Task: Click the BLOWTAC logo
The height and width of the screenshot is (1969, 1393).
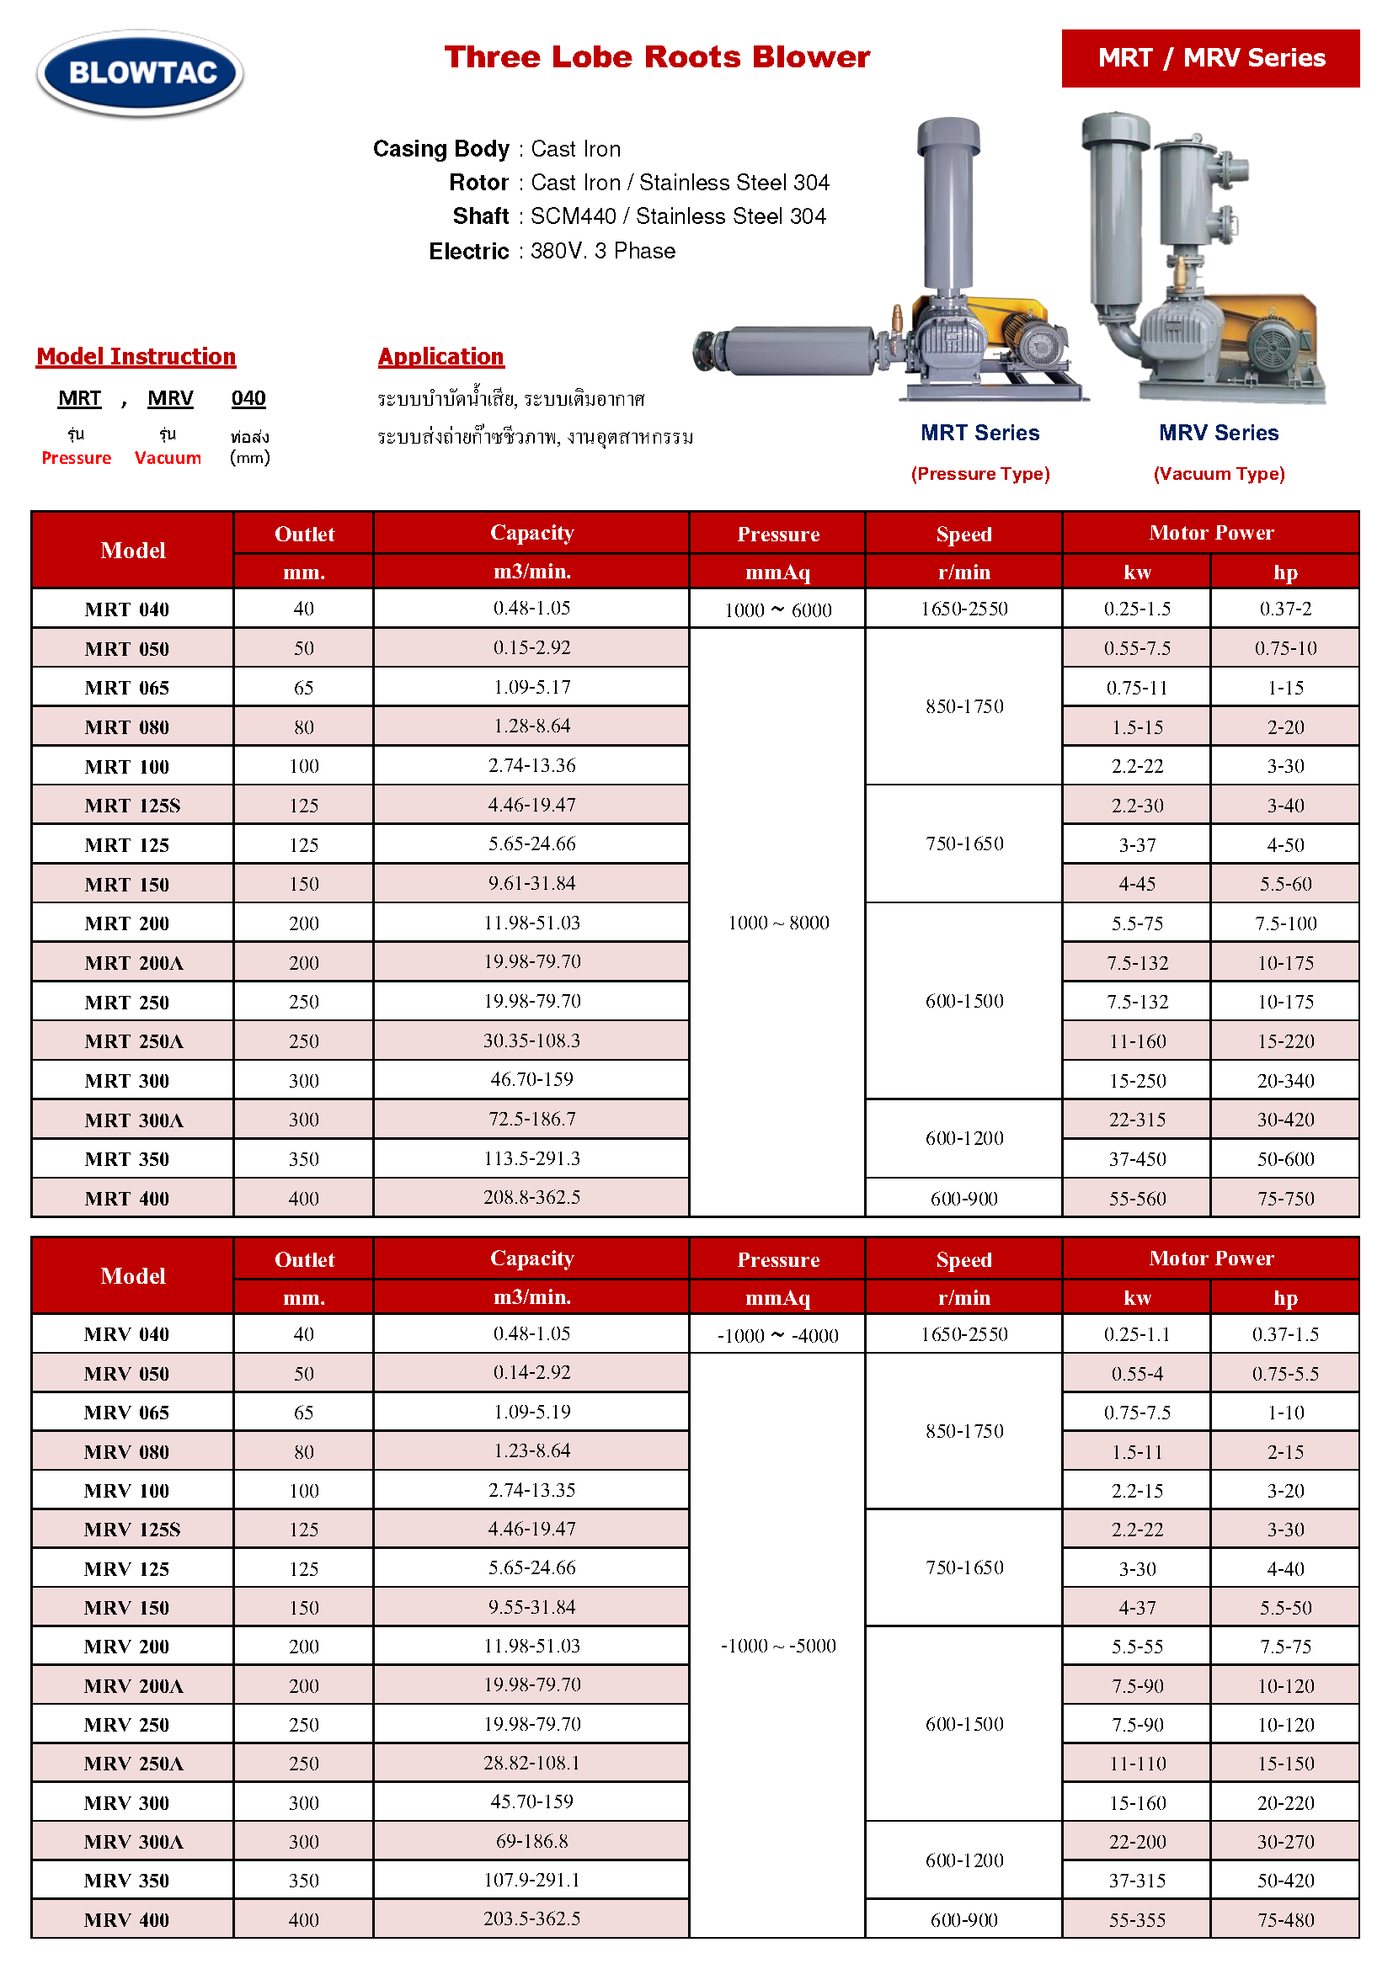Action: click(x=140, y=73)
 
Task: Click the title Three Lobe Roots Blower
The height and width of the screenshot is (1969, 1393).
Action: click(x=656, y=57)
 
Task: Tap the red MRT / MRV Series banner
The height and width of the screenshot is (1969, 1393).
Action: click(x=1209, y=58)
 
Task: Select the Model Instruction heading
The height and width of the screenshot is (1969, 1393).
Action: click(x=136, y=357)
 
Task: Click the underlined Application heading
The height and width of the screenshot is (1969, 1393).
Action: click(x=440, y=357)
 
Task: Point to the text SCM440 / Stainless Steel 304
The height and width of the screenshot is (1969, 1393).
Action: click(x=678, y=216)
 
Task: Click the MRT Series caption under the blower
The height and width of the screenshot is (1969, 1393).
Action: click(x=979, y=433)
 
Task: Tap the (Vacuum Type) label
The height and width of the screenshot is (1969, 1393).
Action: click(x=1218, y=474)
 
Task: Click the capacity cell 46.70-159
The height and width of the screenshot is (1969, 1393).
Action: click(x=531, y=1080)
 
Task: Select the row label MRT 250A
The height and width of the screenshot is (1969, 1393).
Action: click(x=134, y=1042)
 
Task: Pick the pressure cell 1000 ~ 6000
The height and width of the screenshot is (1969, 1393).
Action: click(x=778, y=609)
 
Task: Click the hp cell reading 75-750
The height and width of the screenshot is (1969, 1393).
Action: click(x=1285, y=1199)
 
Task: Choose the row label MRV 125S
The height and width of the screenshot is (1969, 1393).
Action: click(x=132, y=1530)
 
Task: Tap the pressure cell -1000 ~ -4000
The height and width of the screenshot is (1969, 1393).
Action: click(x=778, y=1335)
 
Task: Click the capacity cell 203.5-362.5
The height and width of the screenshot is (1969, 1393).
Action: click(x=531, y=1918)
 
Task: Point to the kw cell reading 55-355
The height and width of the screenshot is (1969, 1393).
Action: click(x=1137, y=1920)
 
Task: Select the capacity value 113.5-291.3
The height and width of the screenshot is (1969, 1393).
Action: click(x=531, y=1158)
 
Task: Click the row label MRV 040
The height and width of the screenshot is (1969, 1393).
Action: click(x=127, y=1334)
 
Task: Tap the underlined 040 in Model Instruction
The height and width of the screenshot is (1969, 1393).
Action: click(x=248, y=398)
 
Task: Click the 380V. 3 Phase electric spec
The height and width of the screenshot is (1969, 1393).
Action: click(x=602, y=251)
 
